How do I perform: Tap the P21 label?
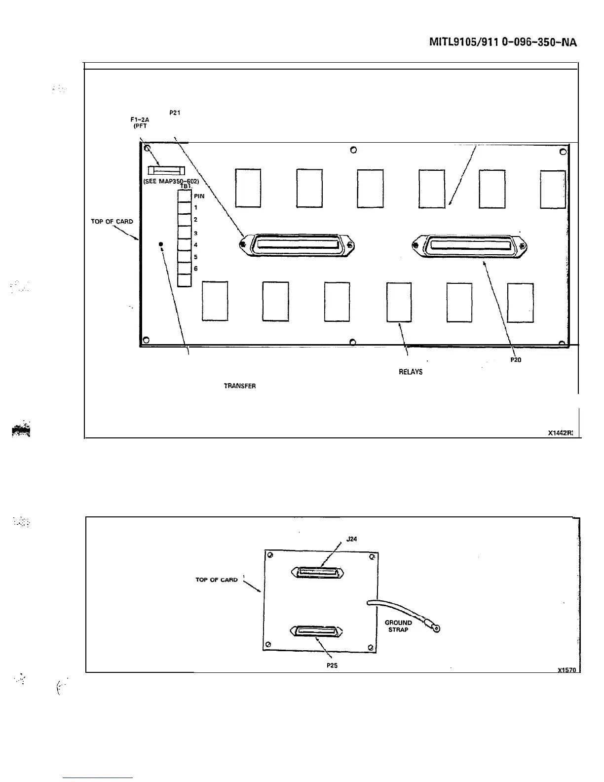[174, 113]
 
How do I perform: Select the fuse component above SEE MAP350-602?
[167, 171]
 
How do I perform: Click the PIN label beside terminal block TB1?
[199, 196]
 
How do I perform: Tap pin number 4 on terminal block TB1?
[196, 245]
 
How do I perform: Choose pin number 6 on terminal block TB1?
[196, 269]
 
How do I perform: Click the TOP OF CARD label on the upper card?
[112, 222]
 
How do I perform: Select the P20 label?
[515, 360]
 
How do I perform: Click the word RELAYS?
[411, 372]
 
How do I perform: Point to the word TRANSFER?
[240, 386]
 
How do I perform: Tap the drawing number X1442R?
[560, 433]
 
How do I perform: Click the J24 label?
[351, 539]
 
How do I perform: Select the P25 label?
[332, 665]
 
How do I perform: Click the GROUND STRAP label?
[398, 626]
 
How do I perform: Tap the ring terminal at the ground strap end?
[436, 628]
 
